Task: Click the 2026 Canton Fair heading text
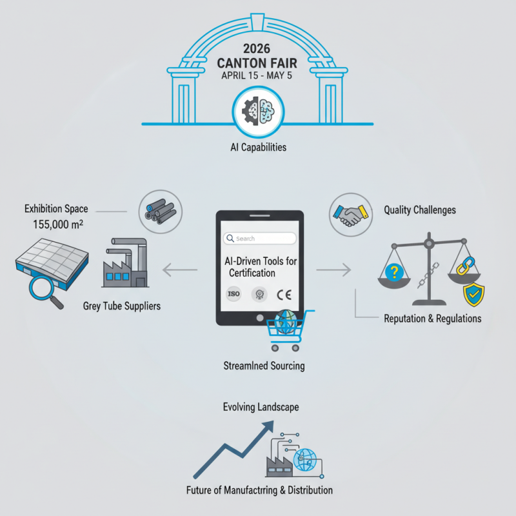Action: [x=258, y=56]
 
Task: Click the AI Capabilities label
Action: [x=258, y=147]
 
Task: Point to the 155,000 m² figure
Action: [x=60, y=225]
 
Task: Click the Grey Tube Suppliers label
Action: [x=122, y=305]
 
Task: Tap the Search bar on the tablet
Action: [x=259, y=239]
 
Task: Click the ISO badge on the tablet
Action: [x=235, y=293]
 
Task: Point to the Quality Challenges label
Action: [x=420, y=210]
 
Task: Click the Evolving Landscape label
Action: [x=261, y=407]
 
